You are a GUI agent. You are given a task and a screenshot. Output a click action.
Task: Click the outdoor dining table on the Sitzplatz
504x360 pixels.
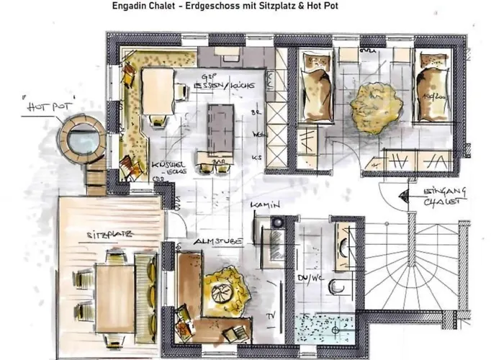114,288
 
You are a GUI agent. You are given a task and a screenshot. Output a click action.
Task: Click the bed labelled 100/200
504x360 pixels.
432,86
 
